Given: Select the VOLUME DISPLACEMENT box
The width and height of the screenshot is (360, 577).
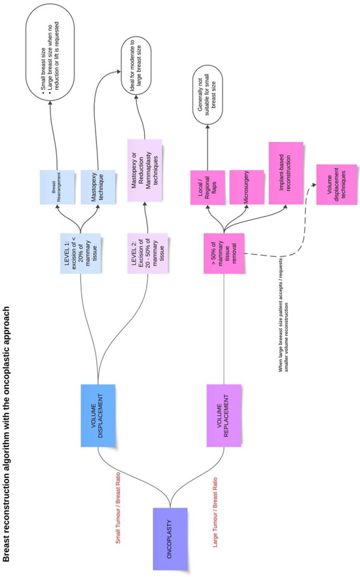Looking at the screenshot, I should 97,413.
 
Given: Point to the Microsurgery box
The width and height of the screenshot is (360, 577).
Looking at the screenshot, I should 246,184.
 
